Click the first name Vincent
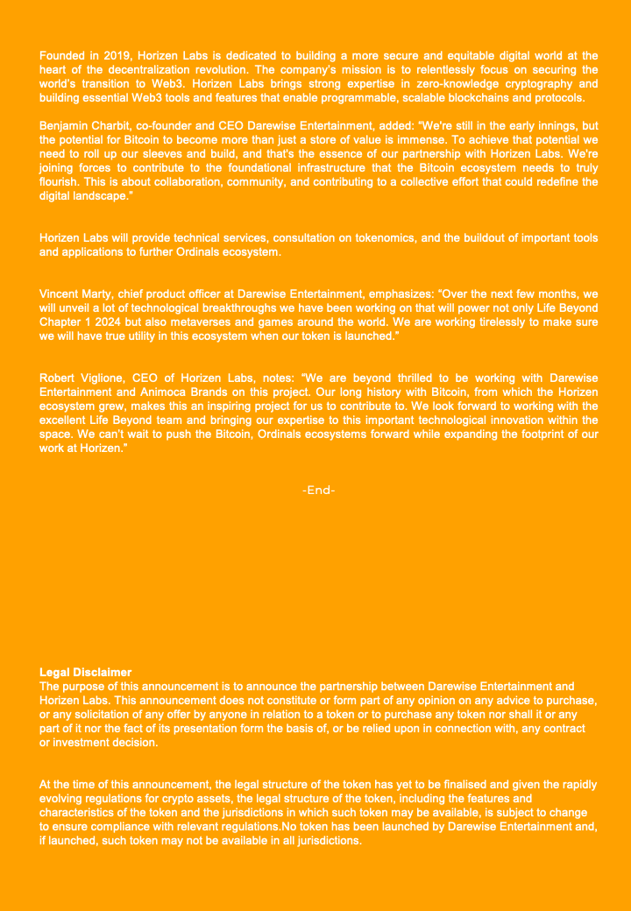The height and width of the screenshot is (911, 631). [x=62, y=294]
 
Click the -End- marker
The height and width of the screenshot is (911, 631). [x=318, y=491]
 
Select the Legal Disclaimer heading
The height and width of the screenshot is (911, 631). [x=85, y=673]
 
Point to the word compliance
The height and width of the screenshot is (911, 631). [x=121, y=827]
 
